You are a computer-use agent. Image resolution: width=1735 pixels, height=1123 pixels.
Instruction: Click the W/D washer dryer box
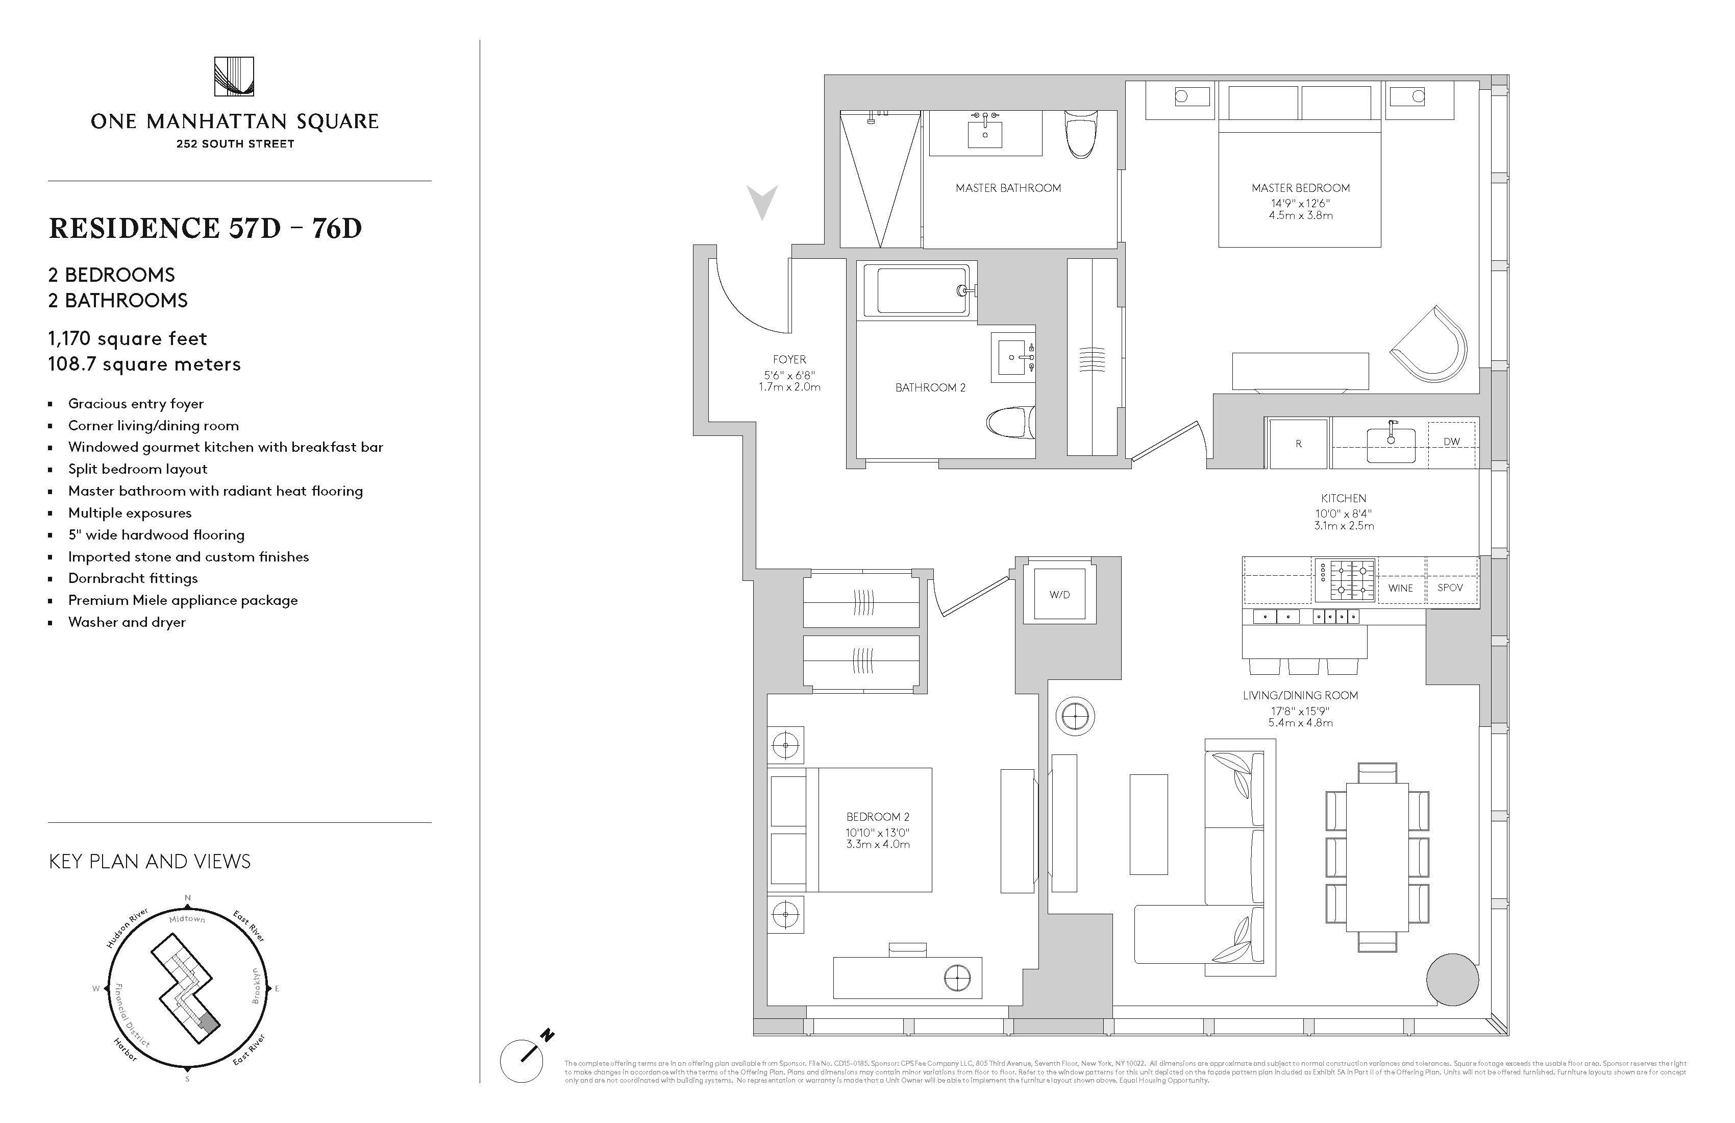1059,594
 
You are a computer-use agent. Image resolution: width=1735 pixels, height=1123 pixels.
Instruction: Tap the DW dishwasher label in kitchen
1451,441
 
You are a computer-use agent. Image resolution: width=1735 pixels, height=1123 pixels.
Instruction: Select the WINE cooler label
1400,588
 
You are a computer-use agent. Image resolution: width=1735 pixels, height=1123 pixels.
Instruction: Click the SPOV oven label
1450,588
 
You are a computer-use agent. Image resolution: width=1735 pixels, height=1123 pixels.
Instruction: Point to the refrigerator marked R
1298,444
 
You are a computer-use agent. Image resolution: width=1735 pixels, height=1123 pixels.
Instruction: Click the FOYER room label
789,359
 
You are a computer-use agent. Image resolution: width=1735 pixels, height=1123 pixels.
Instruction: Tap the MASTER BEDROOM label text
1301,188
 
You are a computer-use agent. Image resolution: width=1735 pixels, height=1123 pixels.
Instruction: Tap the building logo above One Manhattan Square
234,77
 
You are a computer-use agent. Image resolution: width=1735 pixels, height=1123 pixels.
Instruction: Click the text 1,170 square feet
128,338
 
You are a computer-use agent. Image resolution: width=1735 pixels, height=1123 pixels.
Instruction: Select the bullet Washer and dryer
127,622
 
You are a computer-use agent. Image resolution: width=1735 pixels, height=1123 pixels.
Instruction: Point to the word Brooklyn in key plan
256,986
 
